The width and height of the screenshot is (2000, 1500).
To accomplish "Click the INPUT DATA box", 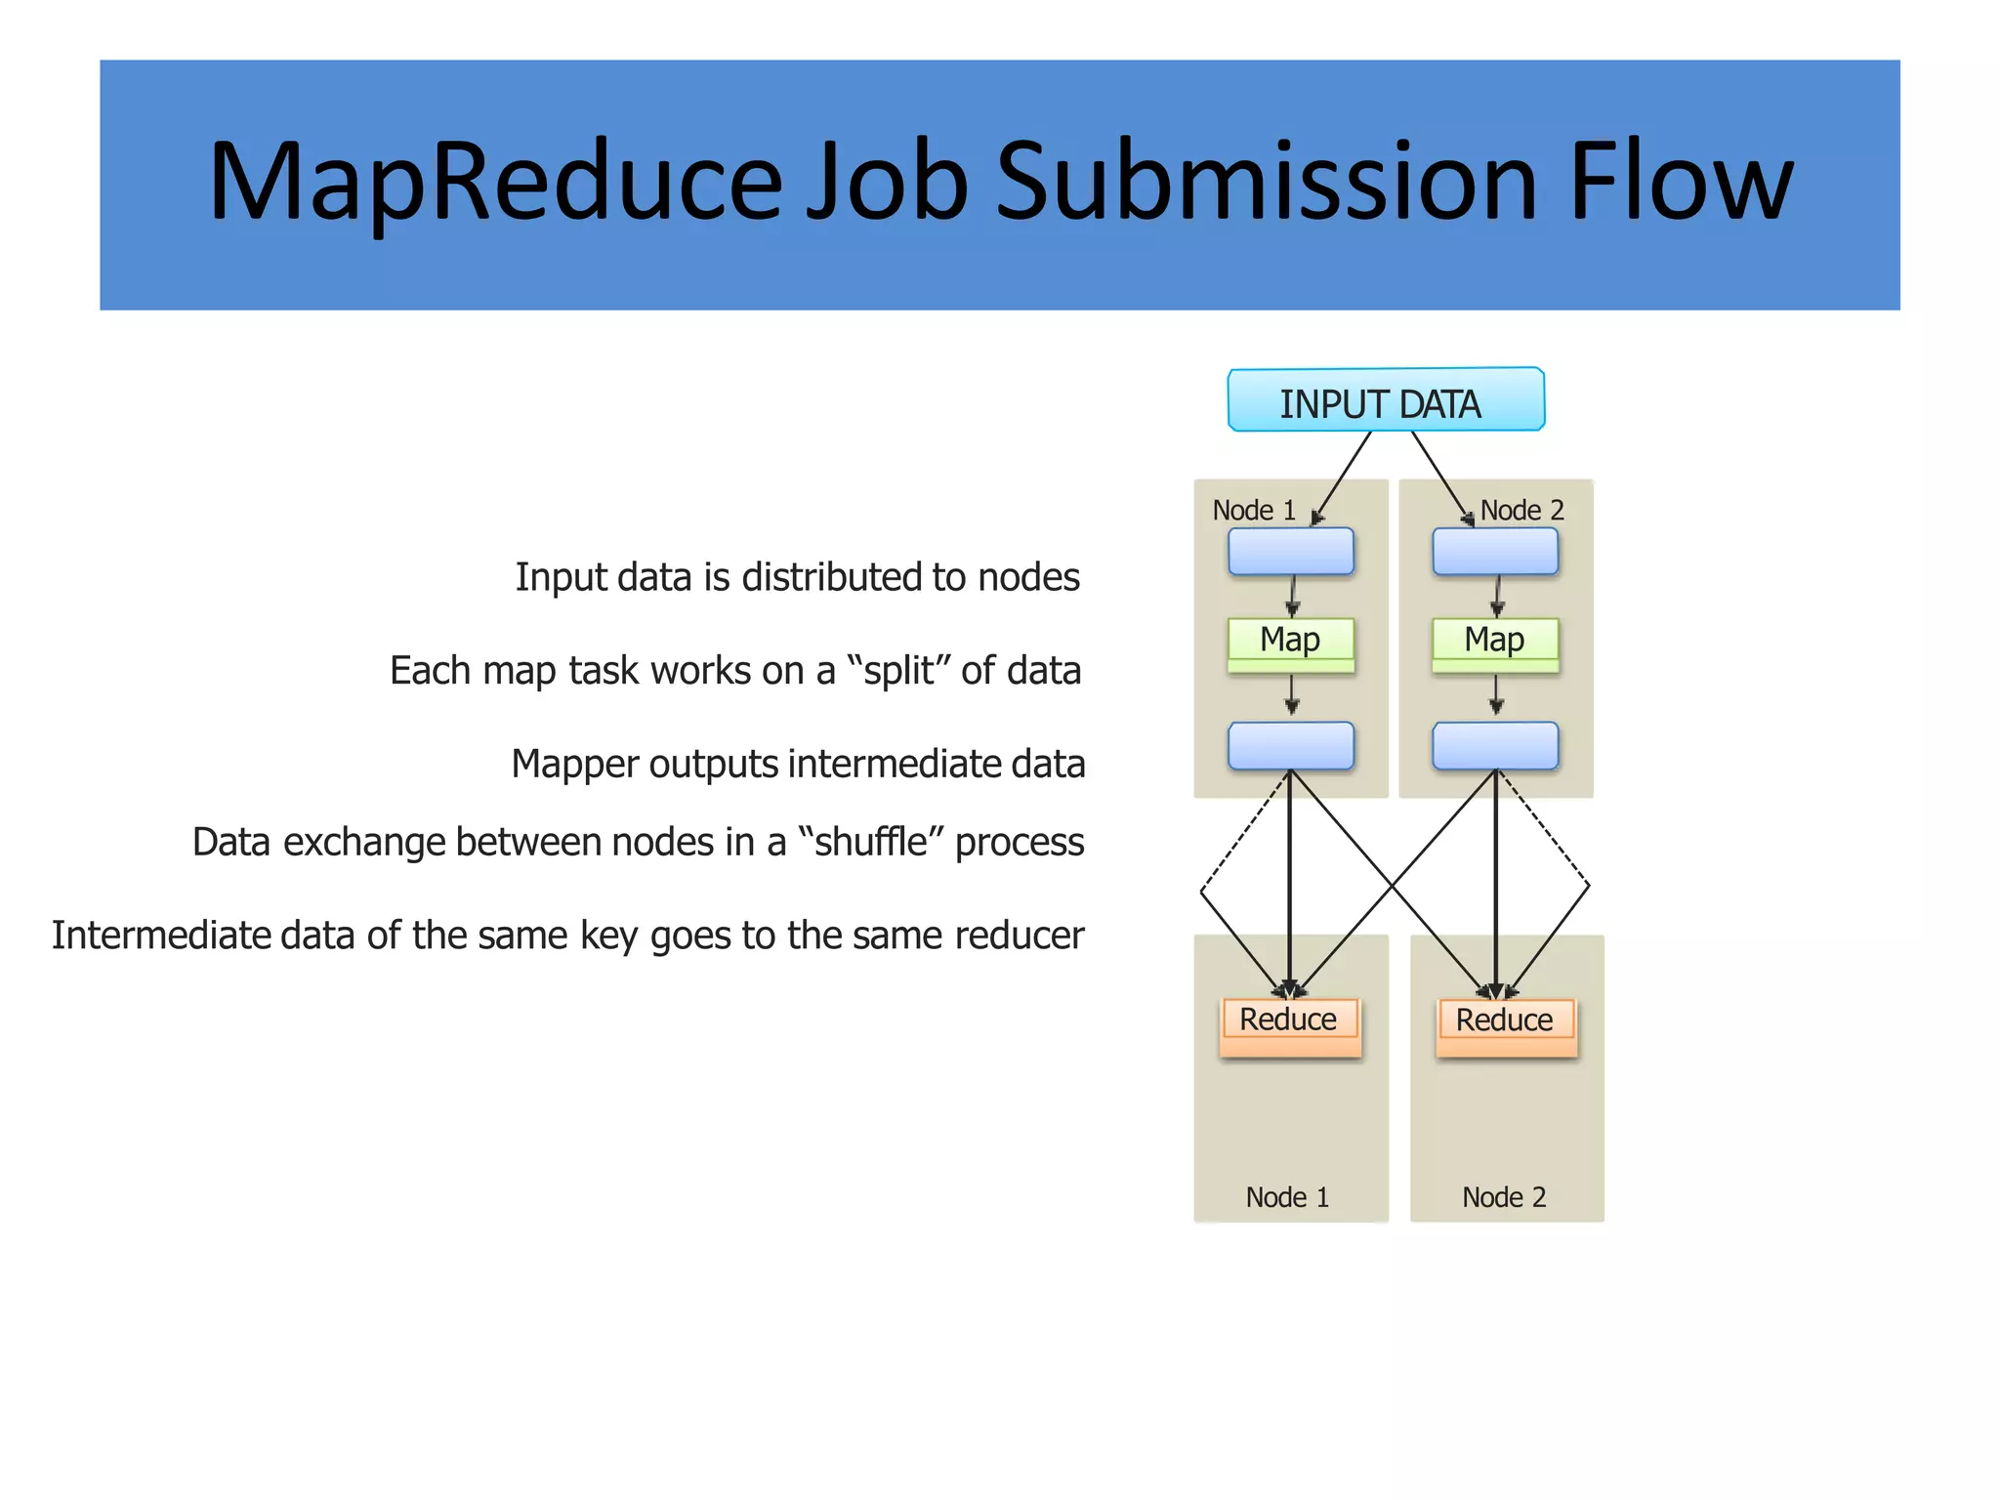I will [x=1385, y=400].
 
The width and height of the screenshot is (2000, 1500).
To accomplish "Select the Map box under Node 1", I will [x=1290, y=642].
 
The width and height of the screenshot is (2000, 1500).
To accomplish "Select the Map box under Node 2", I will [x=1494, y=642].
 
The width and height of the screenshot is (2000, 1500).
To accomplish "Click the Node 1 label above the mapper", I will [x=1253, y=511].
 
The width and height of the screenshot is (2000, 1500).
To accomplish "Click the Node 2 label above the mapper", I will [x=1521, y=511].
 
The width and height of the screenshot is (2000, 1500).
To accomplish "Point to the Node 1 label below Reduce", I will [x=1287, y=1197].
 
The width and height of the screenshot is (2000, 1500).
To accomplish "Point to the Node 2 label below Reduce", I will [x=1504, y=1197].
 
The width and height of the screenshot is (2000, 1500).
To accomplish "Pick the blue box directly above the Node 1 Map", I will [x=1290, y=552].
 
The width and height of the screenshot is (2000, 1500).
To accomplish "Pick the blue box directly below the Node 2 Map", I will [x=1494, y=746].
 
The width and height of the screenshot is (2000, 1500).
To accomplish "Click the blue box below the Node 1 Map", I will [x=1290, y=746].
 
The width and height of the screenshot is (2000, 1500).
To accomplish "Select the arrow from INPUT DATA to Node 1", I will [x=1344, y=476].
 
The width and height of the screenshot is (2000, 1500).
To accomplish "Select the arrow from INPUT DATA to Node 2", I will [x=1439, y=476].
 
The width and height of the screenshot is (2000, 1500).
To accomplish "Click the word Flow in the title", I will [x=1680, y=183].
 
